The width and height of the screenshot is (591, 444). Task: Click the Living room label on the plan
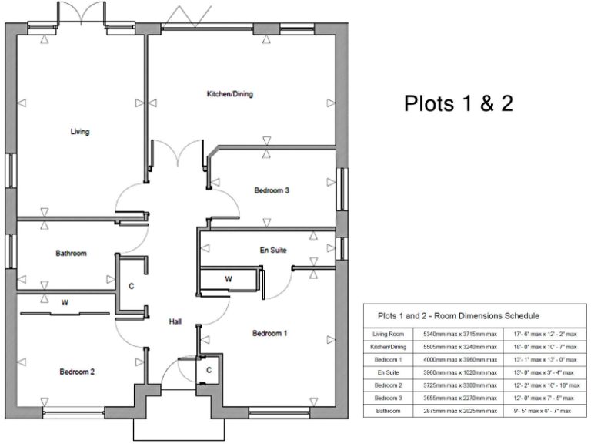pyautogui.click(x=80, y=132)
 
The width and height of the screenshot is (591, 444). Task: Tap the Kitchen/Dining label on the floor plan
pyautogui.click(x=229, y=94)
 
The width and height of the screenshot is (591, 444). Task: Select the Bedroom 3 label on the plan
pyautogui.click(x=271, y=190)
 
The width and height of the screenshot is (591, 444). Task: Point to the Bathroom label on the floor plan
pyautogui.click(x=71, y=253)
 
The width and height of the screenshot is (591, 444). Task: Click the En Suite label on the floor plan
pyautogui.click(x=273, y=251)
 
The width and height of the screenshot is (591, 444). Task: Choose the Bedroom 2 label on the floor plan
pyautogui.click(x=77, y=372)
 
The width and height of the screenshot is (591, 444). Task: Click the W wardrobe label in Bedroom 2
pyautogui.click(x=65, y=302)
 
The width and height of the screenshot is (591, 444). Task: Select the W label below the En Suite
pyautogui.click(x=229, y=278)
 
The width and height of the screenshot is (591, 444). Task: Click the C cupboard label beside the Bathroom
pyautogui.click(x=132, y=286)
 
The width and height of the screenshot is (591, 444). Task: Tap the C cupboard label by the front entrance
pyautogui.click(x=209, y=371)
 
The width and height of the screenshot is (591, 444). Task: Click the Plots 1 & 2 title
pyautogui.click(x=458, y=103)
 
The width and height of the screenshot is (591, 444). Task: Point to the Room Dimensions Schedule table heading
pyautogui.click(x=458, y=315)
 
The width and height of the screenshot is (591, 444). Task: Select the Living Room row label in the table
pyautogui.click(x=388, y=335)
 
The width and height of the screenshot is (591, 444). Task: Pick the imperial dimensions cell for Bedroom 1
pyautogui.click(x=543, y=360)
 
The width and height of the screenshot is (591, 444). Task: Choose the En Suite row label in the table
pyautogui.click(x=388, y=372)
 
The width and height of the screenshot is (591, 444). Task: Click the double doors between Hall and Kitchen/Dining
pyautogui.click(x=179, y=153)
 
